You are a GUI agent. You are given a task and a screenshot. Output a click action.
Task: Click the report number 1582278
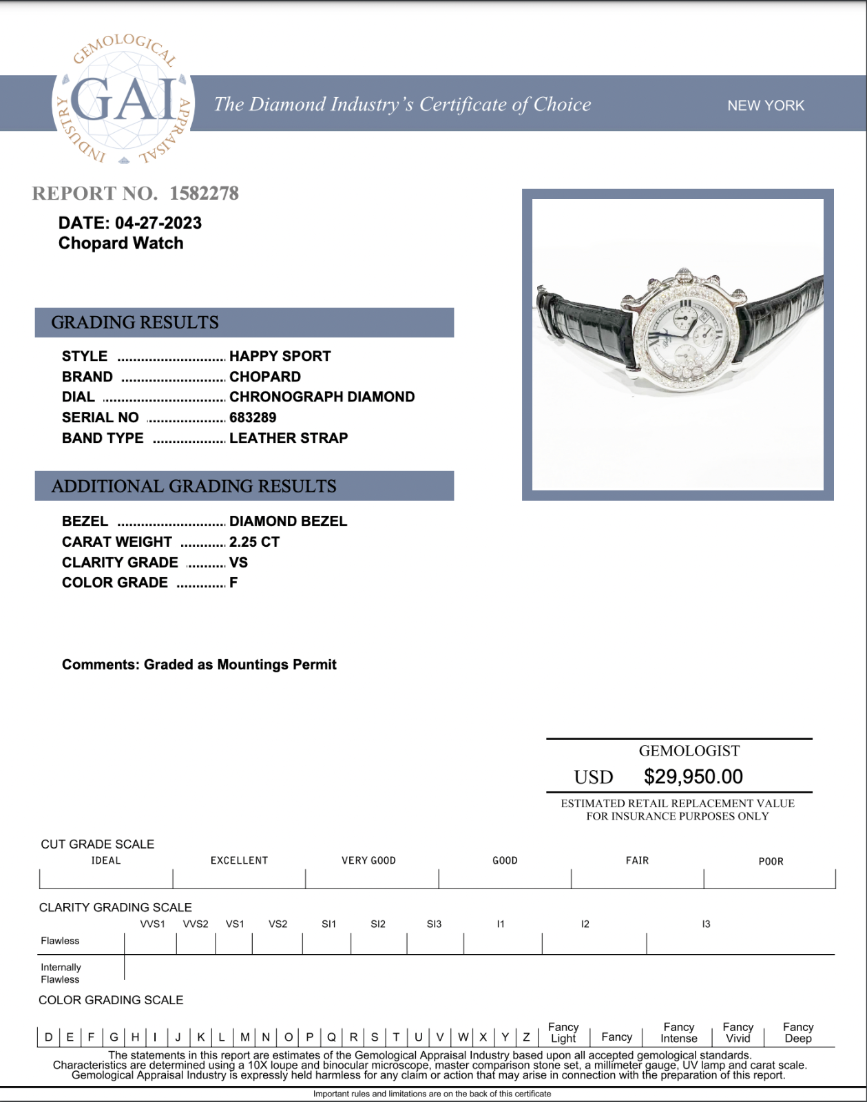(204, 194)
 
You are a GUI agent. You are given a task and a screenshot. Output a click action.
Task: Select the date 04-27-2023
(158, 223)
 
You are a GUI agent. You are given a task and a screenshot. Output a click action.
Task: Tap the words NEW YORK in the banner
(766, 105)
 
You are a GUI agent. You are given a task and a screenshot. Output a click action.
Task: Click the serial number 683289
(253, 417)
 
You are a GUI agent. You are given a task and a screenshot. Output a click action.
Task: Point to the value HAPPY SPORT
(280, 356)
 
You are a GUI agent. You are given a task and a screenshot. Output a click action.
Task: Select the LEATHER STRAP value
(289, 438)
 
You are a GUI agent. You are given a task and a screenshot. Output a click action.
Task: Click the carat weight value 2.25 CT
(254, 542)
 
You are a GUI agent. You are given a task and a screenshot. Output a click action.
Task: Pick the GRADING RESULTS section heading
(135, 322)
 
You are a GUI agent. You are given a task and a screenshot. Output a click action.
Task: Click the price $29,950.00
(693, 777)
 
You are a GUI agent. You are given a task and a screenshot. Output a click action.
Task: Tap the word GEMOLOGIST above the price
(689, 751)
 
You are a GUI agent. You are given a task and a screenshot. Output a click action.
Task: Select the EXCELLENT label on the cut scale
(239, 860)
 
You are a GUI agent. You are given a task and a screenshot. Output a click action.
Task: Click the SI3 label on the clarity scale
(434, 924)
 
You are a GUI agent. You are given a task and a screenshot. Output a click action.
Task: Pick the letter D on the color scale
(48, 1037)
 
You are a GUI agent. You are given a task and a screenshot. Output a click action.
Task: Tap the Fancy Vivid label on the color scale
(738, 1032)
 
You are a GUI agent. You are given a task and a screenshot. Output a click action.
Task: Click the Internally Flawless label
(61, 973)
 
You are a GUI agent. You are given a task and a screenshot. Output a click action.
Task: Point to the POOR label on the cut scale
(771, 861)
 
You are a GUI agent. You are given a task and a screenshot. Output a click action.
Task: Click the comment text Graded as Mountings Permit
(240, 665)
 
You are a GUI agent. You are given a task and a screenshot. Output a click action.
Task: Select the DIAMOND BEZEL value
(288, 521)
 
